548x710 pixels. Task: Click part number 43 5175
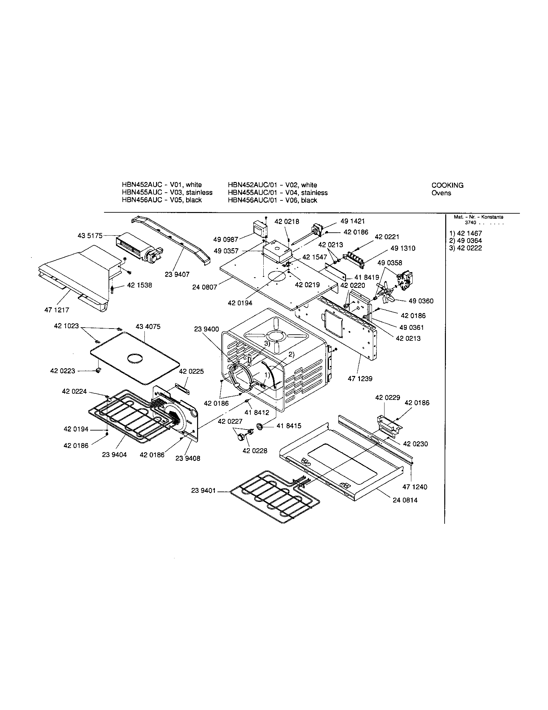pyautogui.click(x=90, y=235)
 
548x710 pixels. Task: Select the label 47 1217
pyautogui.click(x=57, y=310)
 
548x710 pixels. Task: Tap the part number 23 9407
pyautogui.click(x=177, y=274)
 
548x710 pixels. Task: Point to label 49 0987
pyautogui.click(x=226, y=239)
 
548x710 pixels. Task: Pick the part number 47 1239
pyautogui.click(x=360, y=379)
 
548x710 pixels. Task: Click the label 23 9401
pyautogui.click(x=203, y=490)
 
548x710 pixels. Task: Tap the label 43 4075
pyautogui.click(x=148, y=326)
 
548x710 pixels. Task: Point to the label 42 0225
pyautogui.click(x=191, y=371)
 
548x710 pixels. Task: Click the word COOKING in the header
pyautogui.click(x=448, y=185)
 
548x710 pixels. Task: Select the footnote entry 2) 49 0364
pyautogui.click(x=465, y=240)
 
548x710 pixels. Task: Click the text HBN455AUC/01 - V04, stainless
pyautogui.click(x=278, y=193)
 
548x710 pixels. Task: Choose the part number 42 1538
pyautogui.click(x=139, y=285)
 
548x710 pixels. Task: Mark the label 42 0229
pyautogui.click(x=387, y=397)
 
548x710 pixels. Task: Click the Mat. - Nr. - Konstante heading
pyautogui.click(x=479, y=217)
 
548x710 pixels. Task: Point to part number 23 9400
pyautogui.click(x=207, y=329)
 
